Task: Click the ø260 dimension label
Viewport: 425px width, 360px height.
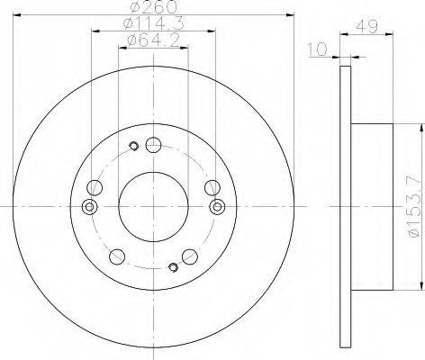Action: pyautogui.click(x=154, y=7)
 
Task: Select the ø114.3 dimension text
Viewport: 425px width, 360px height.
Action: pyautogui.click(x=154, y=23)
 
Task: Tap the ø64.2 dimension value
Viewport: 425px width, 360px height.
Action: pyautogui.click(x=154, y=40)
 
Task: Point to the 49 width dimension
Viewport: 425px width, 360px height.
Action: pyautogui.click(x=366, y=27)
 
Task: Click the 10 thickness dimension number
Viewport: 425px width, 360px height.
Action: pyautogui.click(x=317, y=49)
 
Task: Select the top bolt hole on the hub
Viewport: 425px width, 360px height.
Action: pyautogui.click(x=153, y=145)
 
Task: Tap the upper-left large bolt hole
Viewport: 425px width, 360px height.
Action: pyautogui.click(x=95, y=187)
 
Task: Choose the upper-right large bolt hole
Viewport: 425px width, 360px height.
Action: pyautogui.click(x=212, y=187)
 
